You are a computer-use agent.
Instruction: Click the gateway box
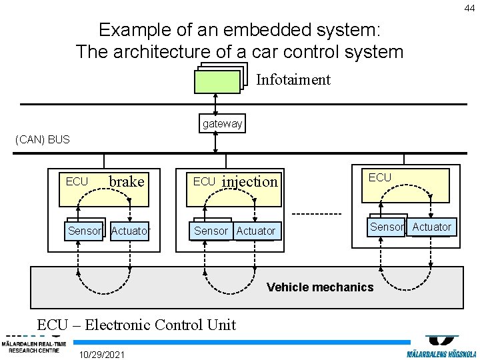tap(223, 124)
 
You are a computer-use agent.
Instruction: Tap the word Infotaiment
tap(293, 80)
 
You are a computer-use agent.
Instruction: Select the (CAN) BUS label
tap(42, 140)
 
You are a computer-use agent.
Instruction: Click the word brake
tap(127, 181)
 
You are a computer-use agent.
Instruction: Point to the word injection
tap(249, 181)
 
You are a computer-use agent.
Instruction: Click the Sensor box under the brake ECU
tap(84, 231)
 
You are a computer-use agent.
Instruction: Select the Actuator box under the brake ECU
tap(131, 231)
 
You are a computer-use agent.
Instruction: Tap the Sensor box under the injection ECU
tap(211, 231)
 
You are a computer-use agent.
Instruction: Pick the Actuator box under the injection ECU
tap(256, 231)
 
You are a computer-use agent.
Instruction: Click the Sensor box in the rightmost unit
tap(387, 227)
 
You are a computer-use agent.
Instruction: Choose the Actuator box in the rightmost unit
tap(432, 227)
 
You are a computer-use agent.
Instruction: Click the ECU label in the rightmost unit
tap(380, 177)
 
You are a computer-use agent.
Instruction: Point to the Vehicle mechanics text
tap(320, 287)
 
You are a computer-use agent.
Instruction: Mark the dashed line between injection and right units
tap(317, 214)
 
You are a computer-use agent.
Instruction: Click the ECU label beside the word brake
tap(77, 181)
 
